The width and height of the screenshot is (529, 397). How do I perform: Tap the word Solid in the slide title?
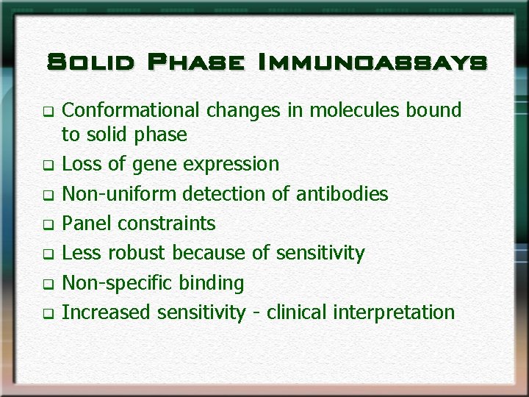click(89, 62)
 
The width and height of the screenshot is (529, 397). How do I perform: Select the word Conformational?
click(130, 111)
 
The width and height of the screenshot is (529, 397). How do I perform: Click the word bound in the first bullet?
click(436, 111)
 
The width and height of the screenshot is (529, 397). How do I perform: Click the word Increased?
click(106, 312)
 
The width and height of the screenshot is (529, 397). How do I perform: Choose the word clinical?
click(298, 312)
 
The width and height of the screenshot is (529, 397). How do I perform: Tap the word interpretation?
click(395, 312)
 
